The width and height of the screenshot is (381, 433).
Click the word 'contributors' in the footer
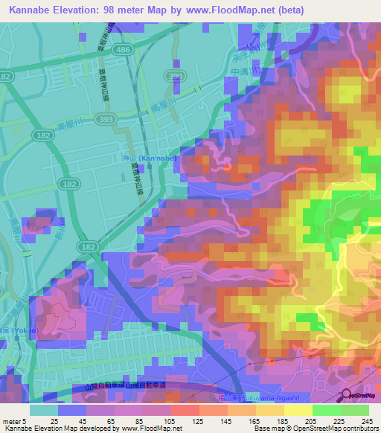(x=359, y=428)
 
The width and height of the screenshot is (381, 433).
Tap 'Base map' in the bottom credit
(x=266, y=428)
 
